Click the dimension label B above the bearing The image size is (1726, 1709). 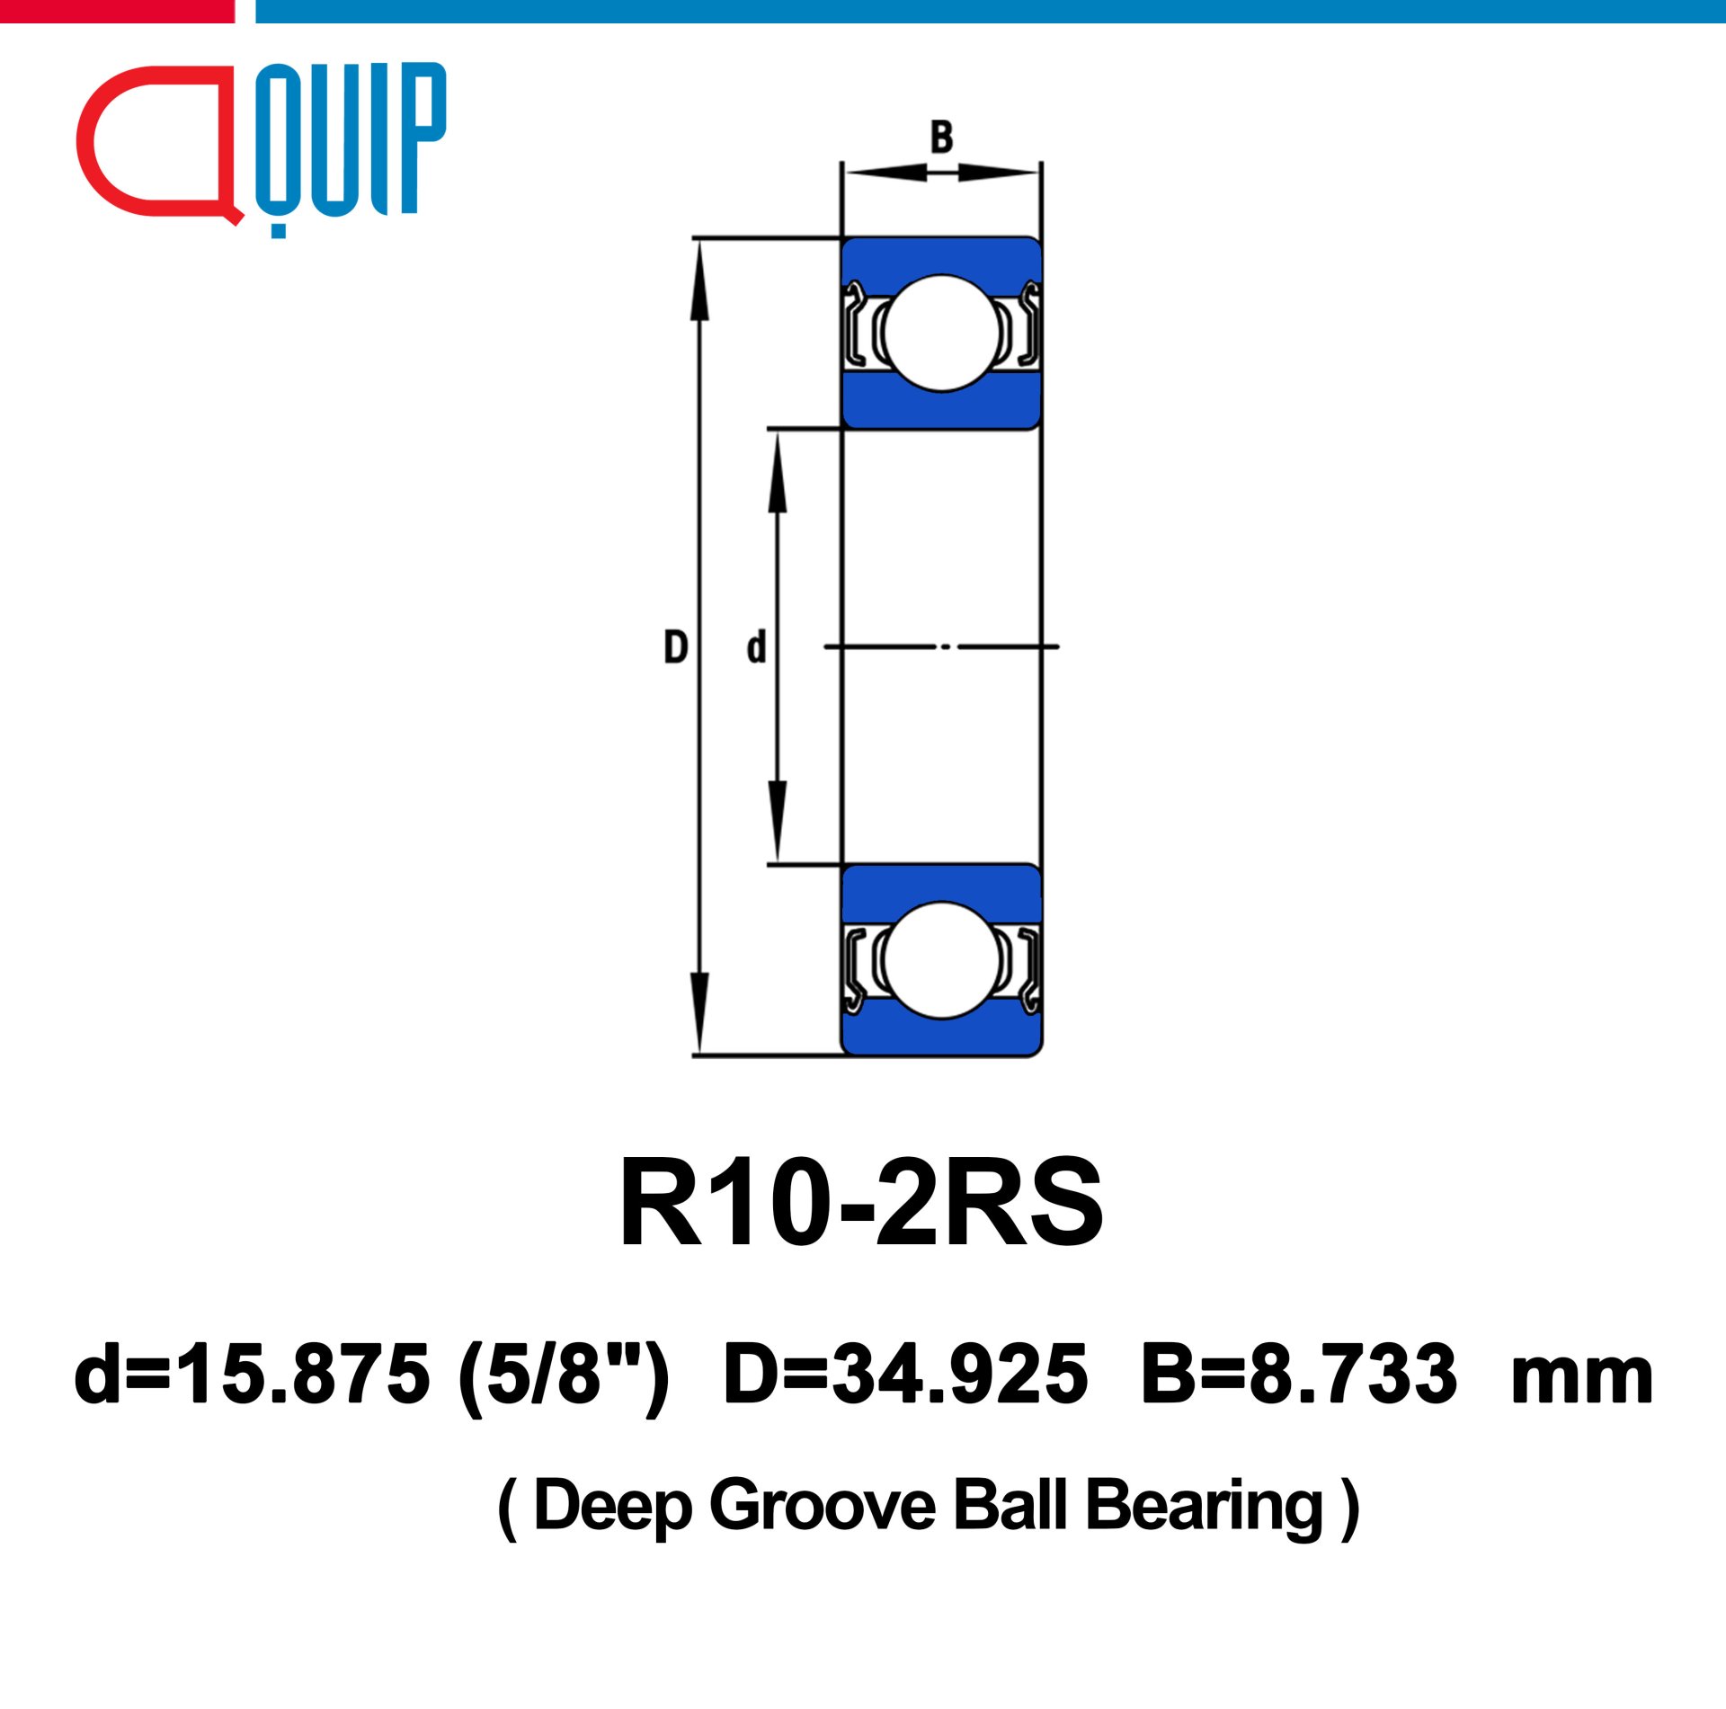coord(941,137)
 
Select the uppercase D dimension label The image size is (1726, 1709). coord(676,647)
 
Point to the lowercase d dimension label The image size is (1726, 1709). coord(757,647)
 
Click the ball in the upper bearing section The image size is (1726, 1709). coord(941,333)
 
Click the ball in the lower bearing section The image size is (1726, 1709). coord(941,960)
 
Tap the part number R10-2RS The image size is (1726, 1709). coord(861,1204)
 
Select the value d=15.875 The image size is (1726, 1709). coord(253,1375)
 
